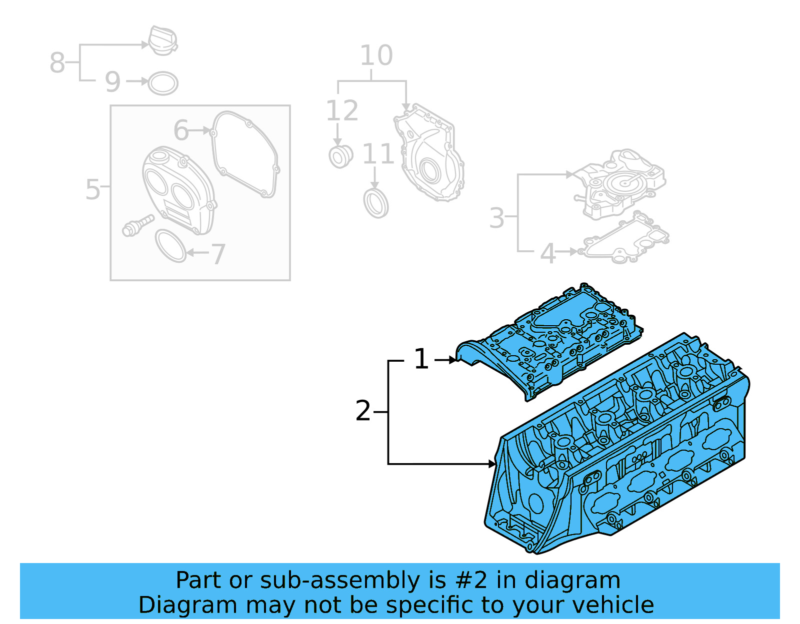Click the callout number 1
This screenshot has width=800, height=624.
(x=421, y=359)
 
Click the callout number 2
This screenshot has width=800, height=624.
(x=363, y=411)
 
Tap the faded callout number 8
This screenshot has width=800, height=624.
(x=57, y=63)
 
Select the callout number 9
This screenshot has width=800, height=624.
(x=112, y=82)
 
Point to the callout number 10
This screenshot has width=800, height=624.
(x=376, y=55)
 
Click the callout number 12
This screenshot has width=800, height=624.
(x=342, y=111)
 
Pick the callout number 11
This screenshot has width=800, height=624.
(x=378, y=154)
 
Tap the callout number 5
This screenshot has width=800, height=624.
(x=92, y=190)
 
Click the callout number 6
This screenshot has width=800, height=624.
(x=180, y=130)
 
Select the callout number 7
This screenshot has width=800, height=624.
(x=218, y=255)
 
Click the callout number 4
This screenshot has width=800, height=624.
(x=548, y=254)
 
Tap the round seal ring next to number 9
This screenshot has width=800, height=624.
(x=163, y=83)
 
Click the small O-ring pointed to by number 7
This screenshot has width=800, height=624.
(x=170, y=246)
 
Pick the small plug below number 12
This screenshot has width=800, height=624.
(x=340, y=156)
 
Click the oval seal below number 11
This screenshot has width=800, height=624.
(x=376, y=203)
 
